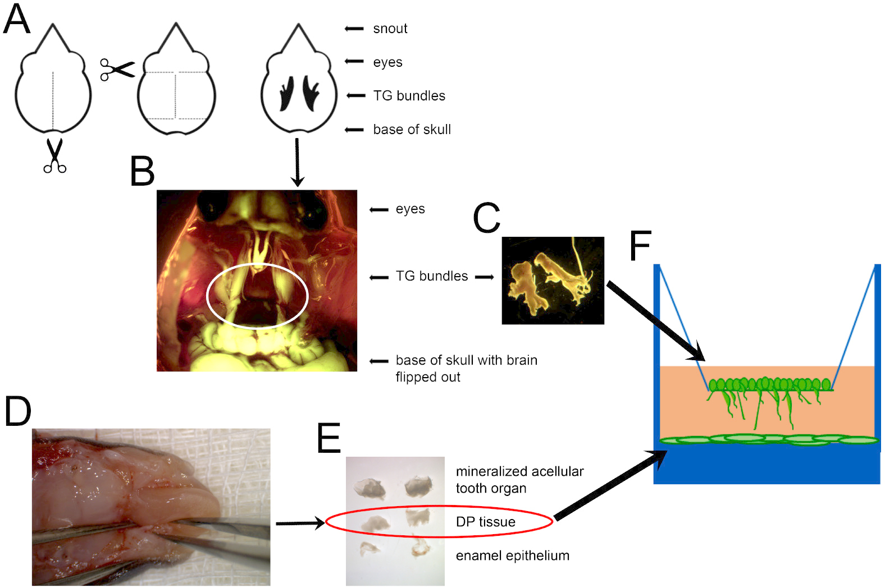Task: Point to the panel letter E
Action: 329,438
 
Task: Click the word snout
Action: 390,29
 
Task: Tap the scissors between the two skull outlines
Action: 117,70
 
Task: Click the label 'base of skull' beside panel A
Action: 412,130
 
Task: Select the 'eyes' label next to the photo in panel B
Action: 410,209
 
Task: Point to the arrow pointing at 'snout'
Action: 354,29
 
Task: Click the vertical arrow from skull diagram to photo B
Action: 297,162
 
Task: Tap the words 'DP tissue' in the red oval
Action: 485,522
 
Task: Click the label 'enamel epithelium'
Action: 512,555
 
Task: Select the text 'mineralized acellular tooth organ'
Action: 519,480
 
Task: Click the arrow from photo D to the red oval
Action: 300,523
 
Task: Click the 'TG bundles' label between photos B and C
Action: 431,276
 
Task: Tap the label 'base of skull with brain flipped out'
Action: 466,368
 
